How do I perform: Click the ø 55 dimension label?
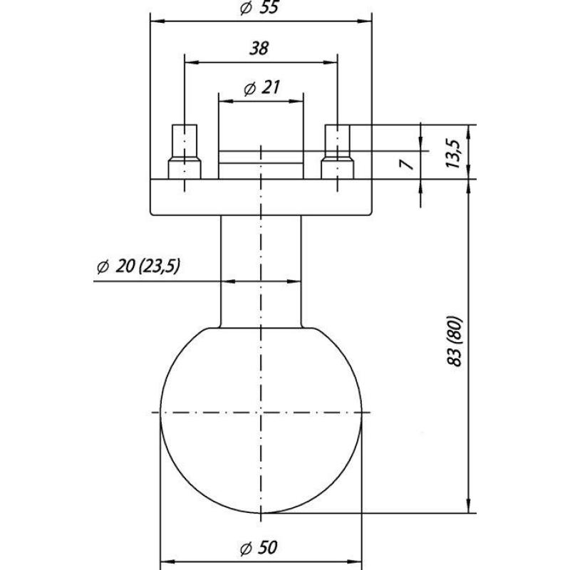click(259, 8)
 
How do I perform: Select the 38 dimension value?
click(259, 48)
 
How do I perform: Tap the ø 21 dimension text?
click(261, 88)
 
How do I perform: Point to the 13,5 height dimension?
click(453, 153)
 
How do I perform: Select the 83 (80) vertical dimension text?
click(455, 342)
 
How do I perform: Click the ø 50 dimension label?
click(259, 547)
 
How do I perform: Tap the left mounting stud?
click(185, 152)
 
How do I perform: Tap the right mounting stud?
click(337, 152)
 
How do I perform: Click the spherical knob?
click(261, 420)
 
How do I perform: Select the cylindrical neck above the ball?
click(261, 271)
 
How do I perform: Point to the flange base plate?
click(261, 197)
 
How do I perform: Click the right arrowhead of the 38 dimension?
click(331, 63)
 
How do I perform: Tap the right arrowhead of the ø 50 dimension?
click(355, 562)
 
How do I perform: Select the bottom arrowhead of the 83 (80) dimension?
click(469, 506)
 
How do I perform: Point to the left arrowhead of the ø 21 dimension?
click(225, 101)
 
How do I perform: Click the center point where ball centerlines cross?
click(261, 413)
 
